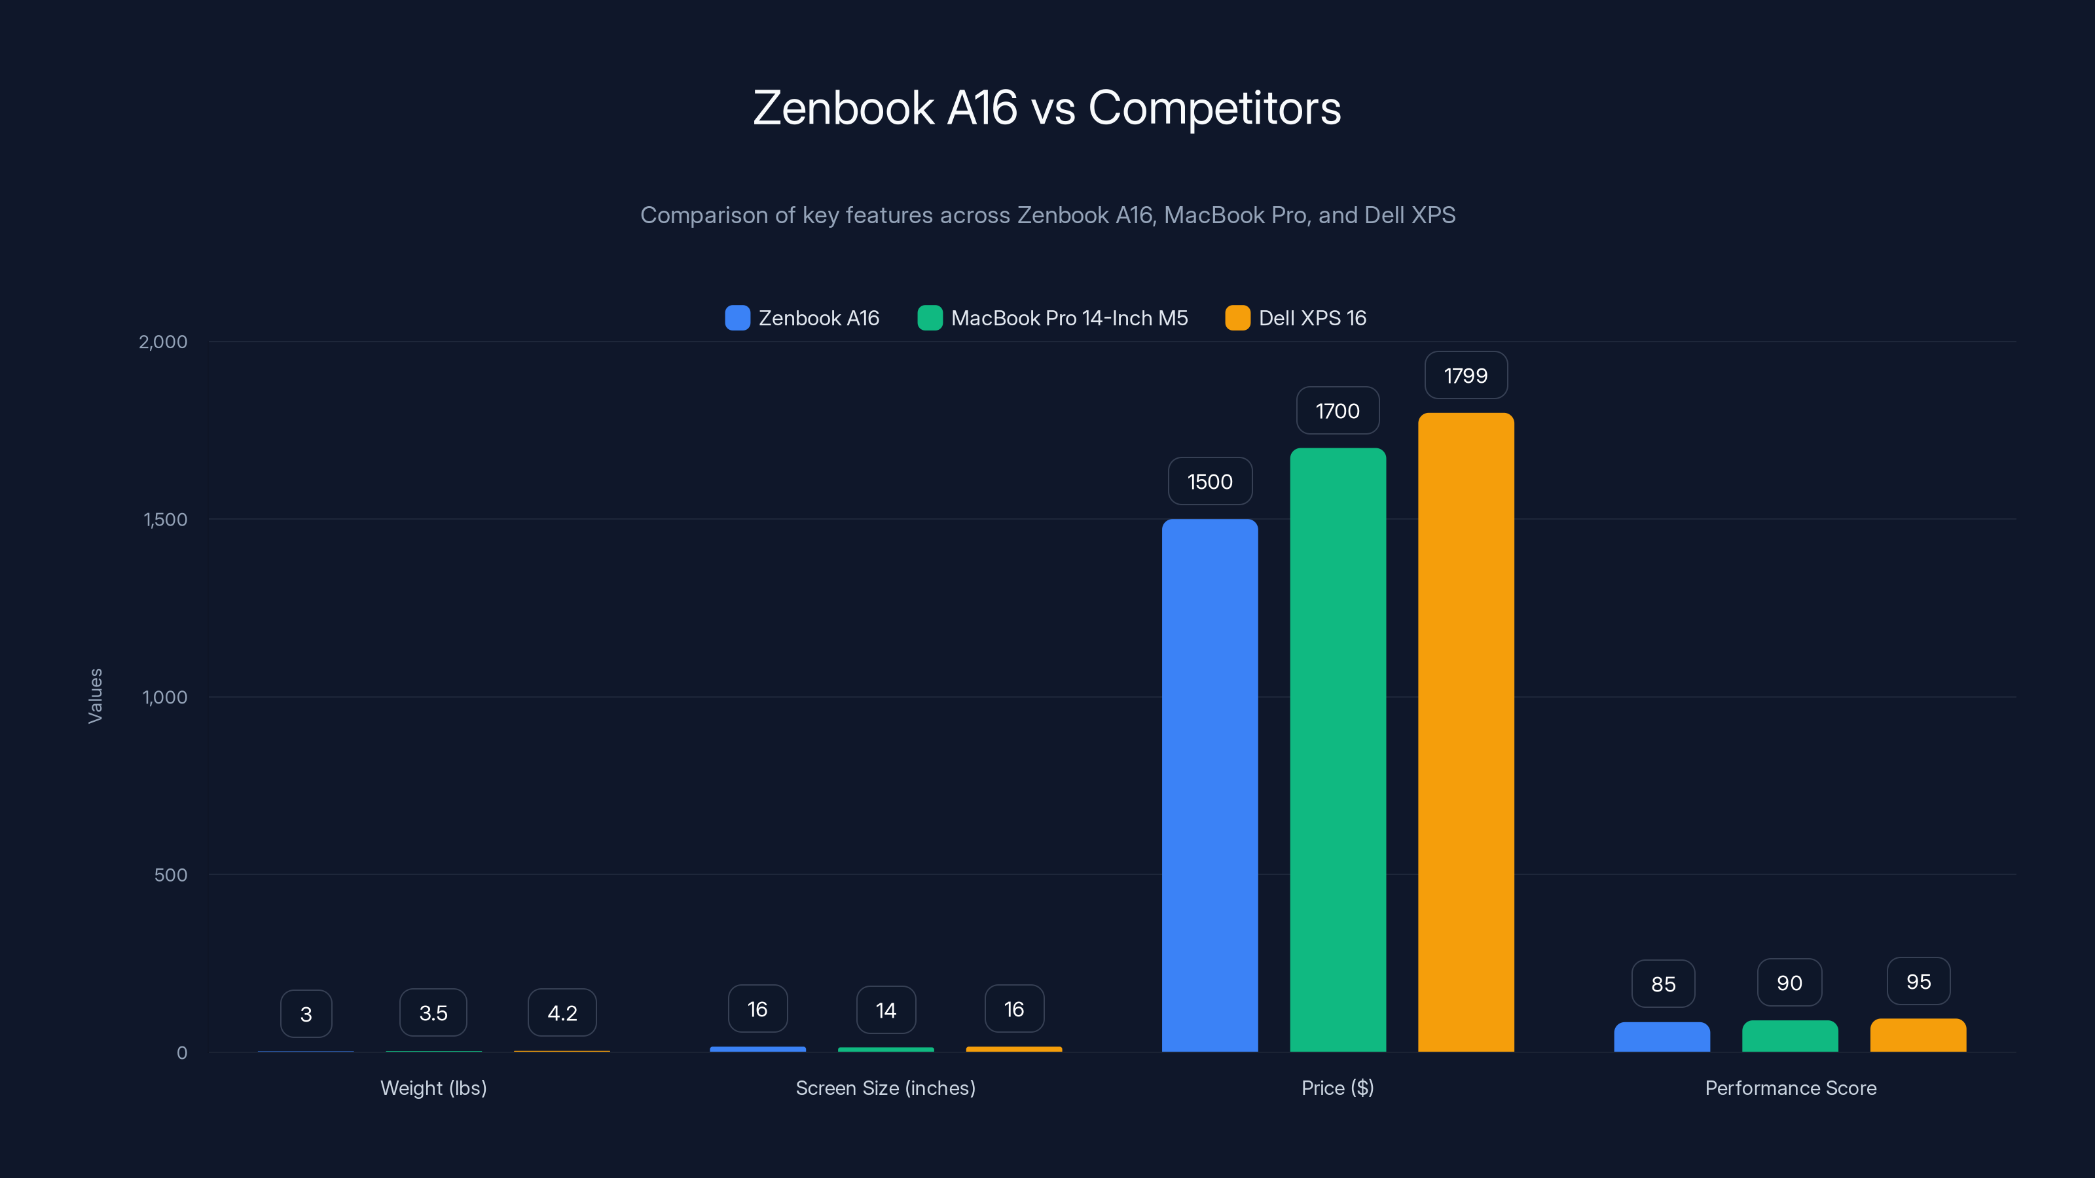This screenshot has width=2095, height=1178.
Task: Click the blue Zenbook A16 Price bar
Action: tap(1209, 785)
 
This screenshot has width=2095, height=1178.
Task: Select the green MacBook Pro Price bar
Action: tap(1337, 749)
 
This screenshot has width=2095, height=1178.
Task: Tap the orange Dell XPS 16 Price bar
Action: tap(1466, 732)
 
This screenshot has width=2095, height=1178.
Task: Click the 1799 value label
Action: tap(1466, 376)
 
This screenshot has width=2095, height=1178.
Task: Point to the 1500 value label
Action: tap(1209, 481)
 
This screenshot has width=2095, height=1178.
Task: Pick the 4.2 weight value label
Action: tap(562, 1013)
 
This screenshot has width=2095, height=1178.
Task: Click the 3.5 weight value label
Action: tap(433, 1013)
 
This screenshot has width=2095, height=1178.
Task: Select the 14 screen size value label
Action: tap(886, 1010)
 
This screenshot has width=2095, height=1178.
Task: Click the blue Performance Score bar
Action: tap(1662, 1037)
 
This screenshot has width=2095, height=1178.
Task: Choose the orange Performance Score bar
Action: tap(1918, 1036)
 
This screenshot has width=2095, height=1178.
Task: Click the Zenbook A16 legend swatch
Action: tap(737, 318)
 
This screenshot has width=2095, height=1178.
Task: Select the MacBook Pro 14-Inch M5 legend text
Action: tap(1068, 318)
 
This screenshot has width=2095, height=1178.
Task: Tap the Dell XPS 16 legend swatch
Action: tap(1237, 318)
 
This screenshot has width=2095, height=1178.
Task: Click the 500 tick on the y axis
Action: tap(170, 875)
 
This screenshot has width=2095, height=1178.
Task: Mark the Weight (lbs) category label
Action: tap(433, 1088)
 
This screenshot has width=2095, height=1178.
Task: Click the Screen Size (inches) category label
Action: tap(885, 1088)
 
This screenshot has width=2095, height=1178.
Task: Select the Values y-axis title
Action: tap(95, 696)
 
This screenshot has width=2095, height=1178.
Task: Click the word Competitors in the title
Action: tap(1214, 108)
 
